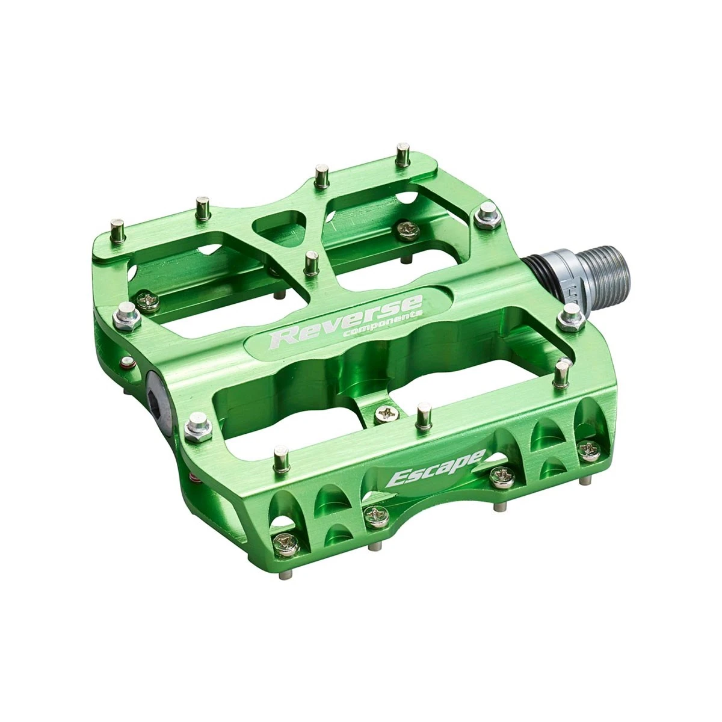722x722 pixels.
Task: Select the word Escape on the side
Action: [x=436, y=466]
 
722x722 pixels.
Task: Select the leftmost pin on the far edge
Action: [x=119, y=231]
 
